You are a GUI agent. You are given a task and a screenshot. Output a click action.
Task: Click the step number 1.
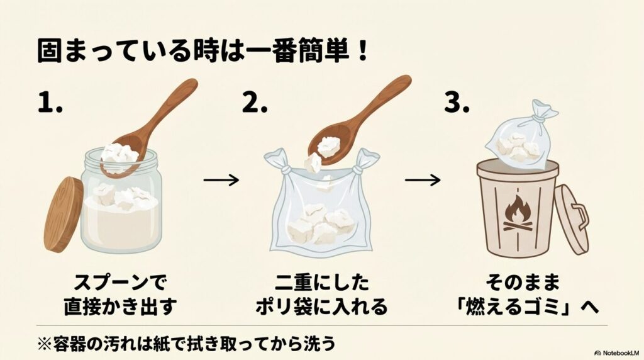50,103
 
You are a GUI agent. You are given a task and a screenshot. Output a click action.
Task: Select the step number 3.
457,103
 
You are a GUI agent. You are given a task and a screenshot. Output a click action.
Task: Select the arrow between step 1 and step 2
221,180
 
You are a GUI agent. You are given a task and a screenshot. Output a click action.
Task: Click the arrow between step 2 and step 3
422,180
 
